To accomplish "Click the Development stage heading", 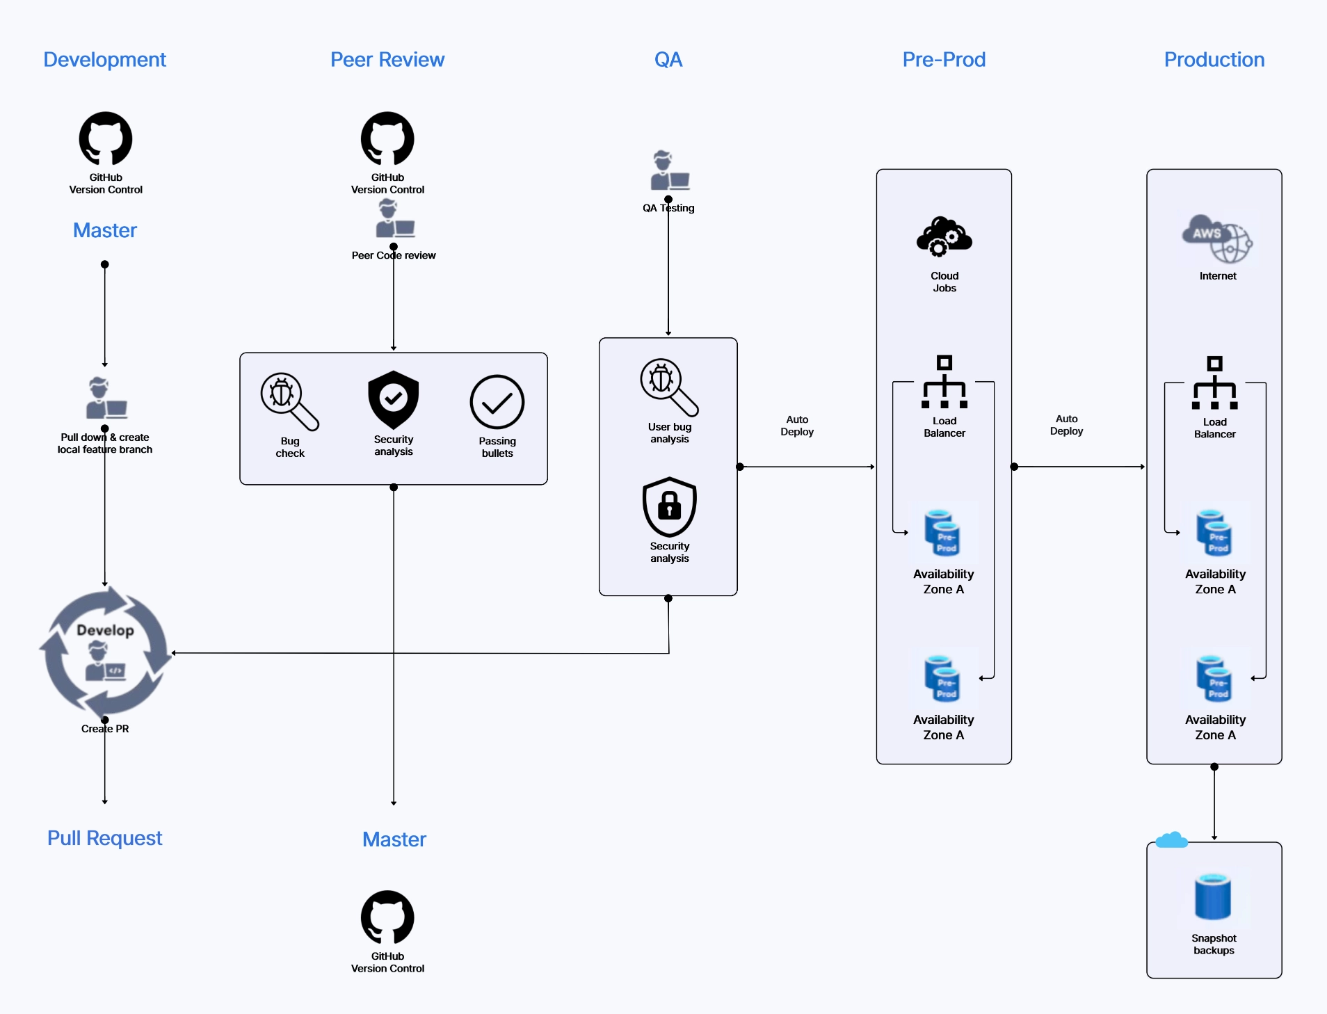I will [104, 60].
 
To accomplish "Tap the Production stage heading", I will [1214, 60].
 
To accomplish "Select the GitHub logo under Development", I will [106, 138].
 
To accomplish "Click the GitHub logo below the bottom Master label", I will [387, 917].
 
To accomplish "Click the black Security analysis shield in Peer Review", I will [394, 400].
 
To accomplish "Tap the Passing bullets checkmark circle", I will [497, 402].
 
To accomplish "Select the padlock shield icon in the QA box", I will [669, 506].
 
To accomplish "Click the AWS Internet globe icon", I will [1217, 239].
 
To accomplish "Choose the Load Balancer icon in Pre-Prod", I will [944, 383].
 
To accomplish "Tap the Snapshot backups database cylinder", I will [1213, 897].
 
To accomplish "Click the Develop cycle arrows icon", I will [105, 652].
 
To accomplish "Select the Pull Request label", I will [104, 838].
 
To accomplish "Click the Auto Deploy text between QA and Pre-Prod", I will [797, 426].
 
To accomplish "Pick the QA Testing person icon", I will [668, 170].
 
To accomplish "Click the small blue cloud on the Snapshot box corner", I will [1171, 840].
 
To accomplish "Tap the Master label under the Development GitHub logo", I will [105, 230].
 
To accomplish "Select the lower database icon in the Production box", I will [1214, 678].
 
